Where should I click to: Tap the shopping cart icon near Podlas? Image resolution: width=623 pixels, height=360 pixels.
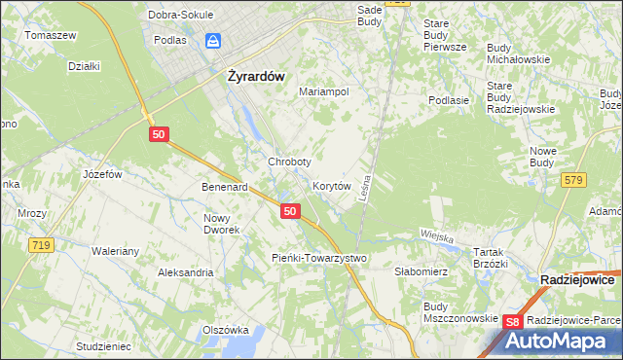click(212, 41)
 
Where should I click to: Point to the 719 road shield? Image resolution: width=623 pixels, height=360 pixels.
click(40, 245)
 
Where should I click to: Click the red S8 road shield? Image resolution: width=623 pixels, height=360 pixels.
click(514, 322)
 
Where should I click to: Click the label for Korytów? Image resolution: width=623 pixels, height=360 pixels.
click(331, 185)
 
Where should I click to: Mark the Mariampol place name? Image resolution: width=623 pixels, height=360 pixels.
click(324, 90)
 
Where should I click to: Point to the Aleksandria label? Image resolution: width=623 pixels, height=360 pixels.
click(186, 272)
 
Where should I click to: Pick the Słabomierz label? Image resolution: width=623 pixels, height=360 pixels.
click(421, 272)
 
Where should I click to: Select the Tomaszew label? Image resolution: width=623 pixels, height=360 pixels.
click(51, 35)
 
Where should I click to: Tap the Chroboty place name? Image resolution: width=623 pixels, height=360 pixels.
click(289, 162)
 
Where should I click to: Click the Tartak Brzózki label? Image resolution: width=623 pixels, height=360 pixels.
click(491, 257)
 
